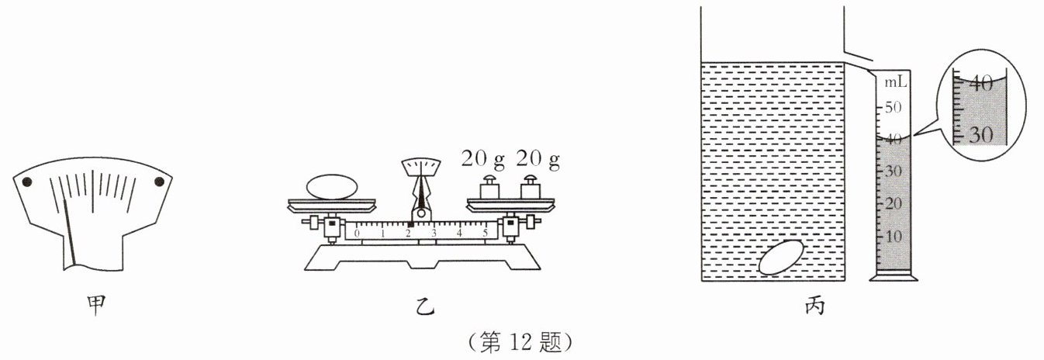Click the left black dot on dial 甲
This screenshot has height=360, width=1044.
(x=26, y=182)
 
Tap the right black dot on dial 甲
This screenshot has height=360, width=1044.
(x=160, y=182)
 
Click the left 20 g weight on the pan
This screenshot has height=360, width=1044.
(x=489, y=188)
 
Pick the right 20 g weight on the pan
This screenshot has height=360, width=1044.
(x=531, y=188)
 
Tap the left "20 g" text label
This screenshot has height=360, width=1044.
(x=482, y=160)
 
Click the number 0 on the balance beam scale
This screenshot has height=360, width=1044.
(x=357, y=233)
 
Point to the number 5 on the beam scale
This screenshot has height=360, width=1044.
(x=486, y=233)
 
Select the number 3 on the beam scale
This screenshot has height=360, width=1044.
(x=434, y=233)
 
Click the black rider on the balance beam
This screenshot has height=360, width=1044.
(x=410, y=224)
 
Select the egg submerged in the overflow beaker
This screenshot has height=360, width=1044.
(x=781, y=258)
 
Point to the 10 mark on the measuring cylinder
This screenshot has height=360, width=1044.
(x=895, y=236)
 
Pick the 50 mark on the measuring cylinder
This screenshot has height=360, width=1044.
(x=895, y=107)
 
